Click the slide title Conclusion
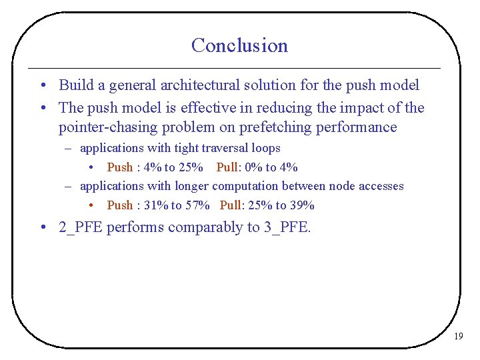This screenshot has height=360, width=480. click(239, 45)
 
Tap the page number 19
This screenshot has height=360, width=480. click(458, 337)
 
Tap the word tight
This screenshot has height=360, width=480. click(186, 148)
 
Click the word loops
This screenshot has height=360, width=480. click(267, 148)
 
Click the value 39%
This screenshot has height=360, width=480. click(302, 205)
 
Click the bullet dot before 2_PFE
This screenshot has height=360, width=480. click(42, 228)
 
